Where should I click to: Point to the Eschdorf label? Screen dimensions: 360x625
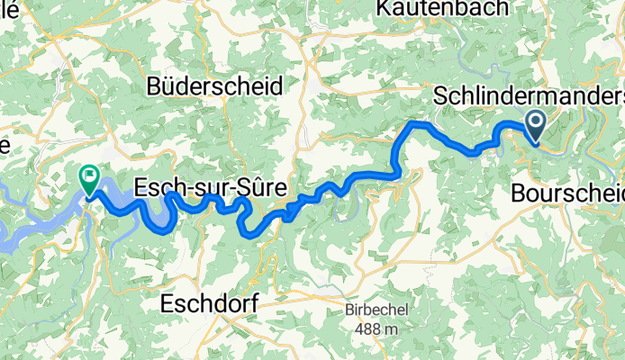point(208,305)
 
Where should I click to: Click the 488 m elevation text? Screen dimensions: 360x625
point(376,329)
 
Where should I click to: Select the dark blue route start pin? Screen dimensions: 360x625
point(534,126)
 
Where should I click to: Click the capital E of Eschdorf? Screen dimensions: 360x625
point(165,305)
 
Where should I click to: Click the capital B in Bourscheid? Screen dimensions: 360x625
point(518,193)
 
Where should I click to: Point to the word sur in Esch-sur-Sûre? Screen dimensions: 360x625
point(211,188)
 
